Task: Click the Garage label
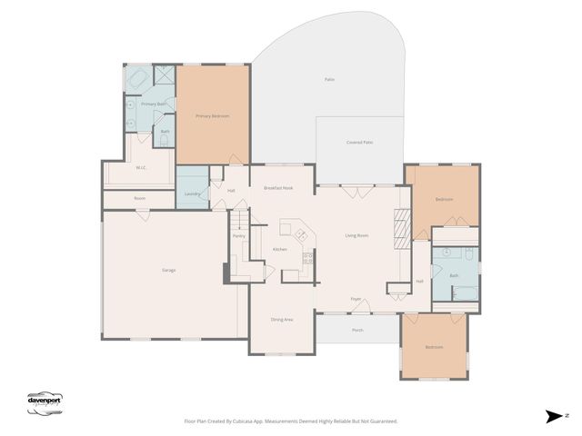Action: pyautogui.click(x=169, y=271)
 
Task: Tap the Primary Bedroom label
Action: pyautogui.click(x=212, y=116)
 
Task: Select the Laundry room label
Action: pyautogui.click(x=192, y=193)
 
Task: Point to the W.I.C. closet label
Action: pyautogui.click(x=142, y=167)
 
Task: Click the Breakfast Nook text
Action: pyautogui.click(x=278, y=187)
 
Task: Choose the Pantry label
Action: pyautogui.click(x=238, y=236)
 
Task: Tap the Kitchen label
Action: pyautogui.click(x=280, y=249)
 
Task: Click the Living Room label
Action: pyautogui.click(x=356, y=235)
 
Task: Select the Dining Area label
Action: pyautogui.click(x=282, y=320)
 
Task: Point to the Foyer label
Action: pyautogui.click(x=356, y=299)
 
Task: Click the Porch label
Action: pyautogui.click(x=357, y=330)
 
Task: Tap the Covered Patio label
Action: pyautogui.click(x=360, y=143)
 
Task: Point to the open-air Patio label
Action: pyautogui.click(x=329, y=80)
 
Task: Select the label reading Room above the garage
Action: pyautogui.click(x=139, y=198)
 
